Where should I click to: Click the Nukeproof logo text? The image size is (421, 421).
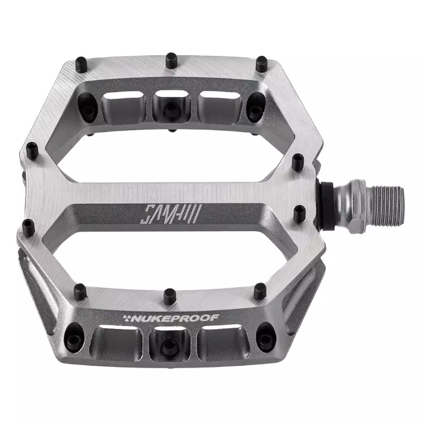[175, 318]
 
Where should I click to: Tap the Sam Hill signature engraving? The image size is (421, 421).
[169, 214]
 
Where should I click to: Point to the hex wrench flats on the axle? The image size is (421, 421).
[357, 206]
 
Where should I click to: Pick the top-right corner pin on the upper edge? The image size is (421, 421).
[262, 64]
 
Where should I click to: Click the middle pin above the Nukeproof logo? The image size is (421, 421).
[169, 296]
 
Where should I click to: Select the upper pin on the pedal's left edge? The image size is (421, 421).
[33, 151]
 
